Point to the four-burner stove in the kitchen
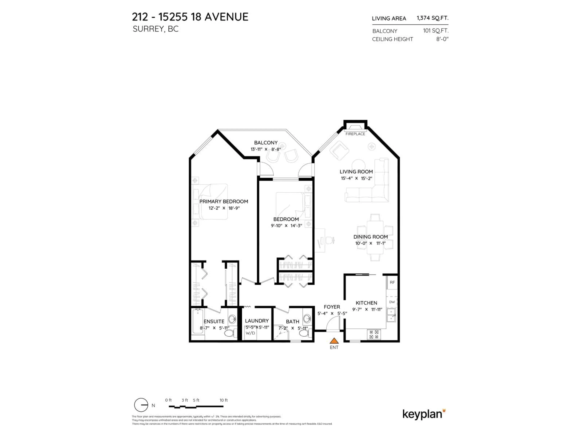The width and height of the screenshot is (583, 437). [x=374, y=335]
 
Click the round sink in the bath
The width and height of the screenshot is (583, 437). [x=307, y=319]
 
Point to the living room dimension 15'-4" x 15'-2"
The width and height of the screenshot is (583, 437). [x=356, y=178]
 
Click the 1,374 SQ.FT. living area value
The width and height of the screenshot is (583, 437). [x=432, y=18]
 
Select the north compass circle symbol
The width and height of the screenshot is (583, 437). [x=141, y=405]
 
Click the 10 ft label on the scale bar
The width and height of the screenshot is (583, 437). [x=223, y=400]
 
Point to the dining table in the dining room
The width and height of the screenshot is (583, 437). [x=375, y=237]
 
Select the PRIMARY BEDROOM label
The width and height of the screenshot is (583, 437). [x=223, y=202]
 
